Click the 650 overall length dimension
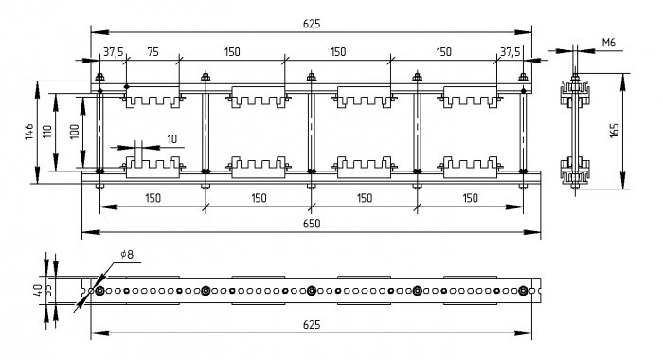click(312, 224)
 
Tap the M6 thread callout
click(608, 43)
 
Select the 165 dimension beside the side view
click(614, 131)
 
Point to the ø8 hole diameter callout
click(127, 254)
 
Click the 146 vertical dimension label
click(28, 132)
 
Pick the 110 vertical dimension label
click(47, 132)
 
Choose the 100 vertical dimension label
click(74, 132)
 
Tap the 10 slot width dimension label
click(171, 139)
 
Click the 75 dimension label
click(152, 51)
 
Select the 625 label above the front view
click(312, 24)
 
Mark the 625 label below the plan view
click(312, 324)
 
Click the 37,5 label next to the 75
click(114, 51)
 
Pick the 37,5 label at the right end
click(511, 51)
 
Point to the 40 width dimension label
click(38, 290)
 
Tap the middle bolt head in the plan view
click(312, 291)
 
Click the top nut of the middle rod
click(312, 77)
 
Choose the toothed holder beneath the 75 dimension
click(152, 98)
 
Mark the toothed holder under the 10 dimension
click(152, 167)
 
